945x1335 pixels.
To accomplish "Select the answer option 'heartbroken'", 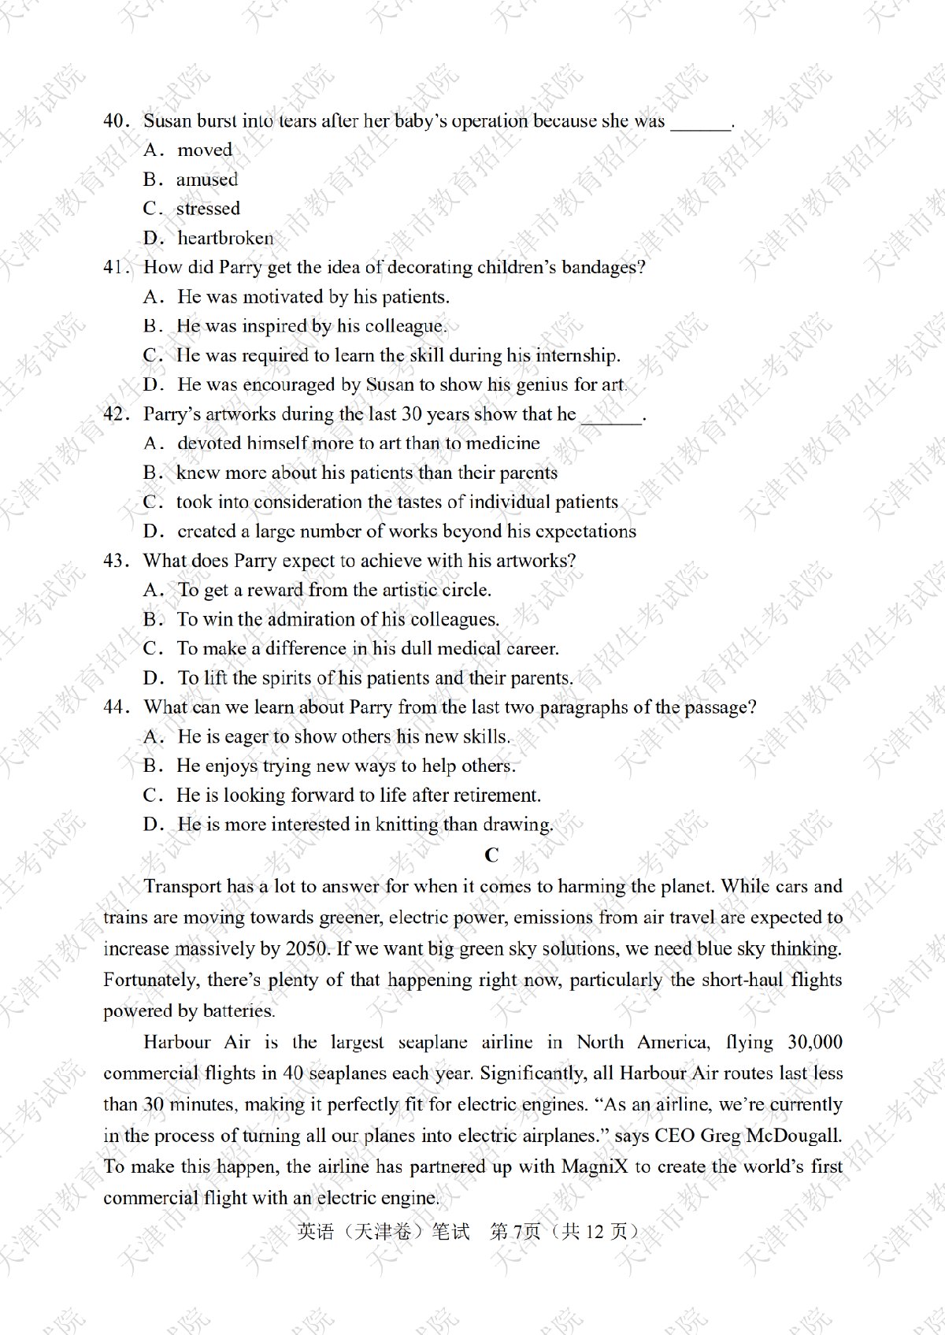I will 225,238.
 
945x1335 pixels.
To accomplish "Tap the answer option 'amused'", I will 206,180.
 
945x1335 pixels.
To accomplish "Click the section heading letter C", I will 491,855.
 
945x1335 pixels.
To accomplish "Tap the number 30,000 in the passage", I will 814,1042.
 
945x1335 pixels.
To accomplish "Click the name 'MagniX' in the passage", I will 595,1166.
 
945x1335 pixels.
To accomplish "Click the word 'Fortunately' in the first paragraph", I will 150,980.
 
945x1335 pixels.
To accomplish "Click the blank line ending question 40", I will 700,123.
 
